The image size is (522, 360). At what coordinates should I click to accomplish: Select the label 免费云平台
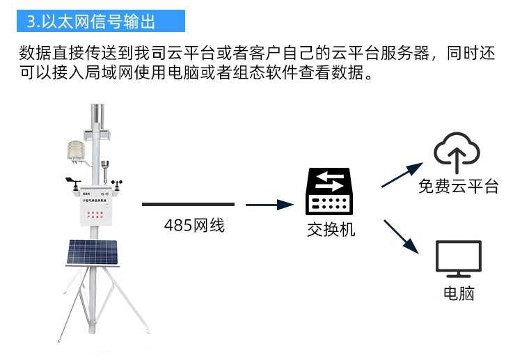(458, 186)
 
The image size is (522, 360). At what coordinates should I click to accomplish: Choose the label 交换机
(331, 229)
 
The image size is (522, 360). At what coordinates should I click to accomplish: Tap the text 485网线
(195, 226)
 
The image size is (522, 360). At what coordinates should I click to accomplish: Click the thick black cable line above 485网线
(188, 205)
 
